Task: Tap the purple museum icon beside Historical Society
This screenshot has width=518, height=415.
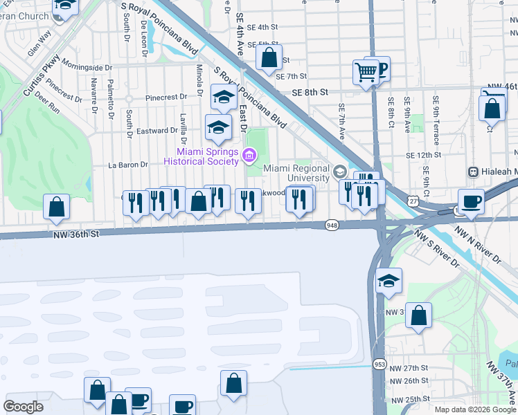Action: [x=247, y=157]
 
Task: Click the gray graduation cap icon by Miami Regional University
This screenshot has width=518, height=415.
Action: [x=340, y=171]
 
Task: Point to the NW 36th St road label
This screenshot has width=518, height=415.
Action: [x=77, y=234]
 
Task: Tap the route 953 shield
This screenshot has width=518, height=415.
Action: [x=379, y=364]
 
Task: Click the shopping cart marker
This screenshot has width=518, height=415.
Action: [x=366, y=71]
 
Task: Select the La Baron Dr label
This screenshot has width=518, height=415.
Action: [x=128, y=165]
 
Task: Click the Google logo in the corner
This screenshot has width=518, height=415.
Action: [x=23, y=406]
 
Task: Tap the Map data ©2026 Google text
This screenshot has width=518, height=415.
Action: [x=475, y=409]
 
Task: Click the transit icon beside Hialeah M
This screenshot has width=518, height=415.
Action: [x=474, y=172]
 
